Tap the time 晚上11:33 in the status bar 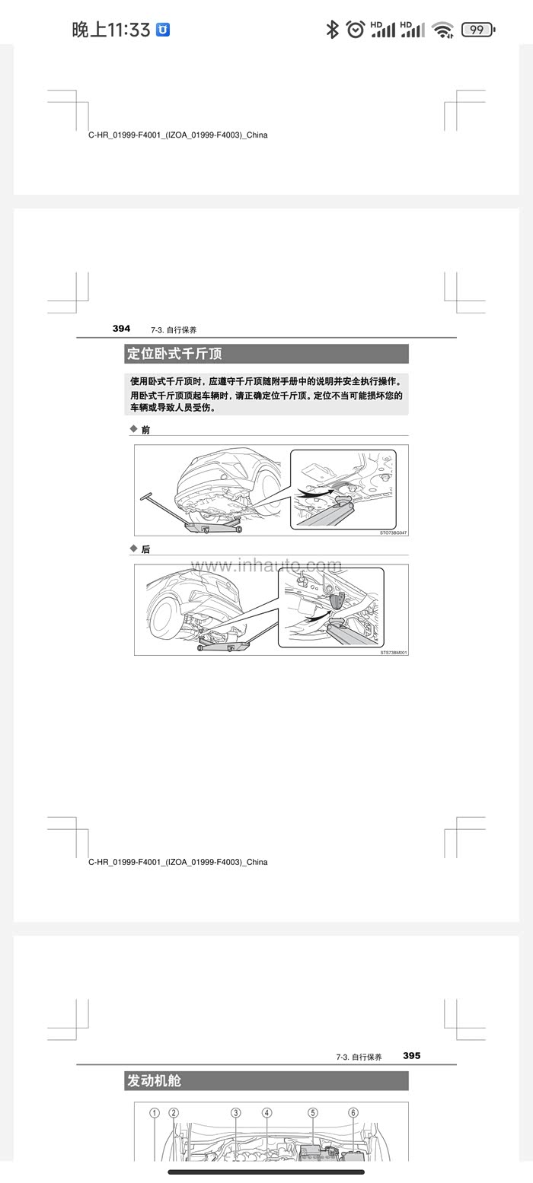[x=111, y=30]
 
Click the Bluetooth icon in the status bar [x=332, y=30]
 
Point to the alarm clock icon [x=356, y=30]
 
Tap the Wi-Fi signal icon [x=442, y=30]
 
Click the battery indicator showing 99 [x=478, y=30]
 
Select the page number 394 [x=121, y=329]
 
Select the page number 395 [x=411, y=1056]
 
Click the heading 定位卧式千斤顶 [x=174, y=353]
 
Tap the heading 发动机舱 [x=154, y=1080]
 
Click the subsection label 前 [x=145, y=430]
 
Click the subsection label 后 [x=145, y=549]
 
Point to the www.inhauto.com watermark [x=266, y=565]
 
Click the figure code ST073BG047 [x=394, y=533]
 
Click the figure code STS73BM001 [x=394, y=653]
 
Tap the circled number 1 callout [x=155, y=1113]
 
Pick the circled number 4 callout [x=267, y=1113]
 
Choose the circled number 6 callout [x=353, y=1113]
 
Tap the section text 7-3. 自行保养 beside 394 [x=174, y=330]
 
